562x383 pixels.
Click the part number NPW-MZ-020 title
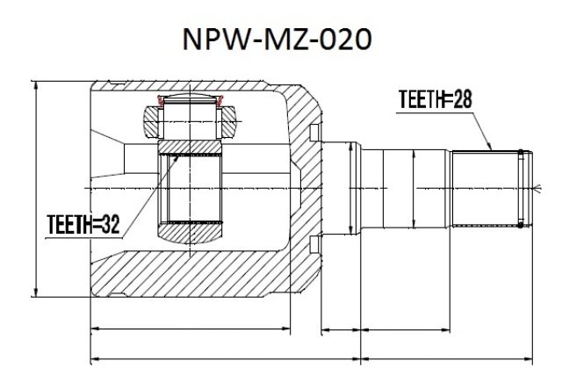pos(277,39)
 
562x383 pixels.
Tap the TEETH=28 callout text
pos(436,99)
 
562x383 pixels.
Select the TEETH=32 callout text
pos(83,225)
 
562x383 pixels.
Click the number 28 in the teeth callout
pos(462,99)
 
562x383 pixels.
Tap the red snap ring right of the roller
pos(220,100)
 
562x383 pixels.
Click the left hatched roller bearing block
pos(151,121)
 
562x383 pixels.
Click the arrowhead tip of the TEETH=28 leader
pos(492,150)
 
